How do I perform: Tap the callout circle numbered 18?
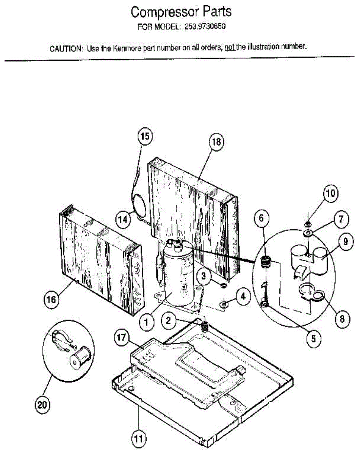coord(216,142)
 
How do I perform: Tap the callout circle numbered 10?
coord(330,194)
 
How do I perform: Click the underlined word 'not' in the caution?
coord(230,48)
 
